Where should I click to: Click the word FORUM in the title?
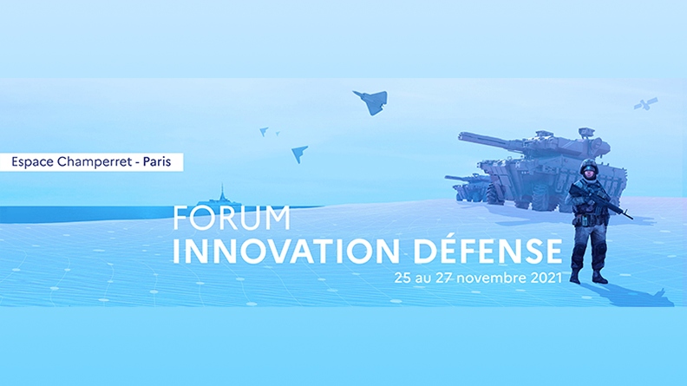pos(232,218)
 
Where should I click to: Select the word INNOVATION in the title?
pos(286,251)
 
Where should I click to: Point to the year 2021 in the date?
pos(546,278)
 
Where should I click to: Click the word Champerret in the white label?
pos(95,162)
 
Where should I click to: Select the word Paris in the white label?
pos(157,161)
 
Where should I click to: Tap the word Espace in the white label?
pos(32,162)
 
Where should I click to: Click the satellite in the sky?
pos(645,104)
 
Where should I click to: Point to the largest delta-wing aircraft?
pos(371,102)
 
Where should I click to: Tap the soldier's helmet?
pos(588,166)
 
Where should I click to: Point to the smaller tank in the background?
pos(468,186)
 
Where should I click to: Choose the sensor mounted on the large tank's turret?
pos(586,132)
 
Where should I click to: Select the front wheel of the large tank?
pos(494,195)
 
